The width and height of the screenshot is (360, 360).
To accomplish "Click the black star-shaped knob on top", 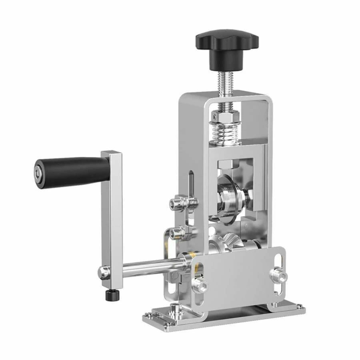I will pyautogui.click(x=227, y=43).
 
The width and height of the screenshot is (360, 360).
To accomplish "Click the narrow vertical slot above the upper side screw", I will pyautogui.click(x=191, y=182).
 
